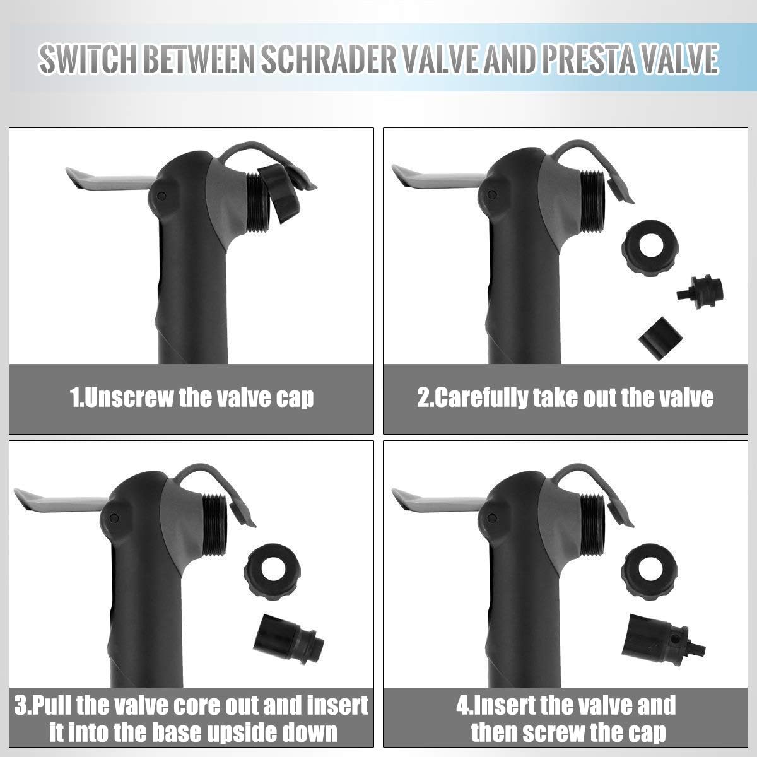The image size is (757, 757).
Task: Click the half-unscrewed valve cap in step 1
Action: (280, 193)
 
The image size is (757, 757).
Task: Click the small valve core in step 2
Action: (700, 292)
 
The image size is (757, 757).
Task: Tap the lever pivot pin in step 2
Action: (491, 195)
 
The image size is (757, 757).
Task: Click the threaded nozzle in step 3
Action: (214, 525)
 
